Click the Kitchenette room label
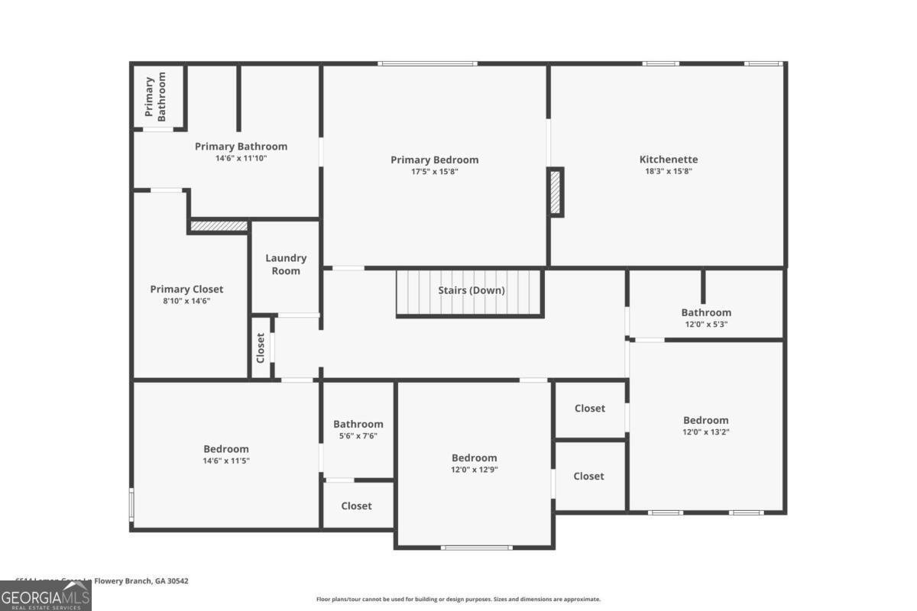[x=669, y=160]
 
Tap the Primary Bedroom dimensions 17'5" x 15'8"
[x=434, y=172]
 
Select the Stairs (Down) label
[x=471, y=290]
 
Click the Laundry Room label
[x=286, y=264]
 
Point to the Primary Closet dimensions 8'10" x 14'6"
[x=186, y=301]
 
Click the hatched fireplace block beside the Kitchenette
[x=556, y=192]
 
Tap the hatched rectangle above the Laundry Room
[x=219, y=226]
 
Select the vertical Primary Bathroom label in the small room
[x=155, y=98]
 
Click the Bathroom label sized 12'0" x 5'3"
[x=706, y=312]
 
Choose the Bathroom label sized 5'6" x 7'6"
[x=358, y=424]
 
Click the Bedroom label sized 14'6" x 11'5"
[x=225, y=449]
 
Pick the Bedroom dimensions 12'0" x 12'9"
[x=474, y=470]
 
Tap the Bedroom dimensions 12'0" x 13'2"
[x=705, y=432]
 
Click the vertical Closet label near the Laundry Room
[x=261, y=348]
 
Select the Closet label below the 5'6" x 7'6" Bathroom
[x=356, y=506]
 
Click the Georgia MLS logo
[x=46, y=596]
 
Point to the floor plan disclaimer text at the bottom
[x=458, y=600]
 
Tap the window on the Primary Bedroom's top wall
[x=428, y=63]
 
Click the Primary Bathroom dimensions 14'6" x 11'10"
[x=241, y=158]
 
